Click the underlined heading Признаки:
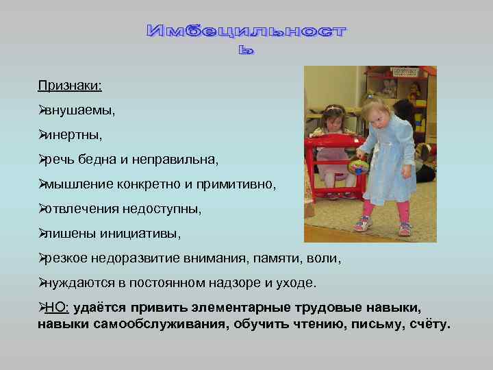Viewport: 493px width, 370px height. coord(70,85)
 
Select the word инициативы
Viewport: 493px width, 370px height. coord(147,234)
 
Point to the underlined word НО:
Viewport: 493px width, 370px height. coord(57,309)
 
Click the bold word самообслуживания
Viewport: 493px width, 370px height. coord(155,323)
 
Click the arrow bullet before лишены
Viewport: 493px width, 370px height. coord(41,234)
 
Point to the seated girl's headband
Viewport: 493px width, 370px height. coord(335,108)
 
